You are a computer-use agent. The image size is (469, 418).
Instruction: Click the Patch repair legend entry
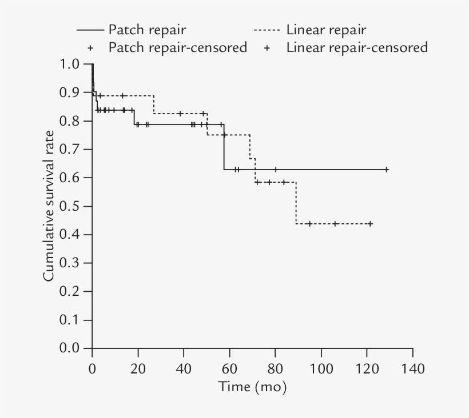pos(131,30)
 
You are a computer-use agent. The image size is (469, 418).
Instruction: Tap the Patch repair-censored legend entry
pos(168,47)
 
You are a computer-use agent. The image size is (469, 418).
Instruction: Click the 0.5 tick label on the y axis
pos(68,206)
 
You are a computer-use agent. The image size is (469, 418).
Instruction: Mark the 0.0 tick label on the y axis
pos(68,348)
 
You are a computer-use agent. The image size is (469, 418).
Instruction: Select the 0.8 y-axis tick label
pos(68,121)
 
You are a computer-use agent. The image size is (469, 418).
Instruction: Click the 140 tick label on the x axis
pos(412,368)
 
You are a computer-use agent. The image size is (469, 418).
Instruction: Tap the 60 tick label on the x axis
pos(229,368)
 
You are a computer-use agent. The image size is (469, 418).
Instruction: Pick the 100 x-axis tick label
pos(321,368)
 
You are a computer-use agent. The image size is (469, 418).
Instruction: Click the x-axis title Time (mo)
pos(252,387)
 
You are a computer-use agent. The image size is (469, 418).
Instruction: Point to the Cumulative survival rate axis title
pos(49,206)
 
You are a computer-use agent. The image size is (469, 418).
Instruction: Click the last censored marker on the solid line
pos(387,170)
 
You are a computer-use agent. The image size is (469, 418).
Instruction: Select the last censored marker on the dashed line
pos(370,224)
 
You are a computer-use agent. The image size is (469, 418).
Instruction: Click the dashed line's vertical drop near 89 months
pos(296,203)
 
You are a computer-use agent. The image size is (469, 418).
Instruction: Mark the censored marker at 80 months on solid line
pos(276,170)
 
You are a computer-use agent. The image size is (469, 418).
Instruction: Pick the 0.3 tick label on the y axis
pos(68,263)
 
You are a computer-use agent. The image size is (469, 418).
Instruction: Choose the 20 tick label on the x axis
pos(138,368)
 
